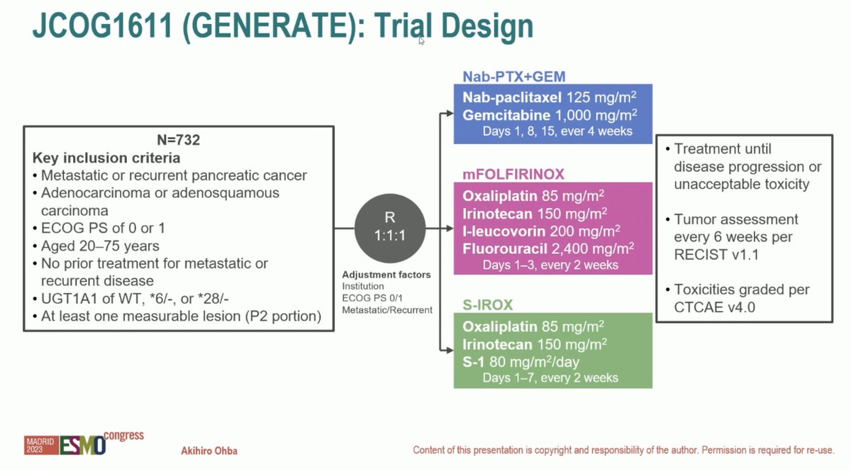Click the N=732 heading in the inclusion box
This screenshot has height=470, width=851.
(x=177, y=140)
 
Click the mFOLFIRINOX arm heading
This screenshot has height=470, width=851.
(x=509, y=173)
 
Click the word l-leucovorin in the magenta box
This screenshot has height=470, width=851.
(x=504, y=231)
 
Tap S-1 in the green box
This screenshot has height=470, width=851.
(x=474, y=361)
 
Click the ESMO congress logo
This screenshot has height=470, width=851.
(x=84, y=443)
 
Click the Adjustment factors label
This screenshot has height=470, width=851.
(x=386, y=275)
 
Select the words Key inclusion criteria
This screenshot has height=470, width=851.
(x=106, y=158)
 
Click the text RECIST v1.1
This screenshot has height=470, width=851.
(x=716, y=254)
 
